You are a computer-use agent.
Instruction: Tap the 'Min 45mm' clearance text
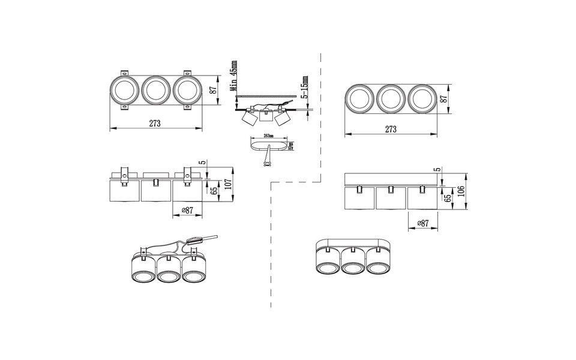point(234,76)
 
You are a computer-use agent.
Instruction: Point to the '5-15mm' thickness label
point(305,88)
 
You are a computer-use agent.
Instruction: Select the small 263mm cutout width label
point(268,136)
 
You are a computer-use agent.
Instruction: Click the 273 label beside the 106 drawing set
point(391,129)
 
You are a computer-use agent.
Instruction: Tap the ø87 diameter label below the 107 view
point(187,210)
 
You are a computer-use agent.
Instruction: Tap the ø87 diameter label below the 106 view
point(424,223)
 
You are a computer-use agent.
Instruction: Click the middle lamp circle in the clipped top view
point(155,91)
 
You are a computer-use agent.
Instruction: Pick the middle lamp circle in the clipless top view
point(391,97)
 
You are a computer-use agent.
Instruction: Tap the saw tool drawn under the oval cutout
point(266,159)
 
